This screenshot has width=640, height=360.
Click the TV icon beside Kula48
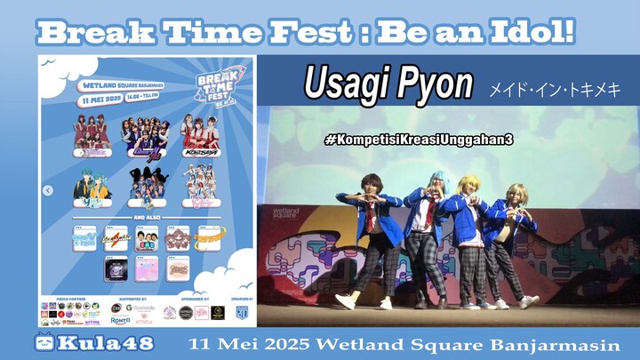(43, 343)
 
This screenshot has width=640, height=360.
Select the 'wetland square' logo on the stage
(285, 213)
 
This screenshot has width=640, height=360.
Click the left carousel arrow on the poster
(48, 190)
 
